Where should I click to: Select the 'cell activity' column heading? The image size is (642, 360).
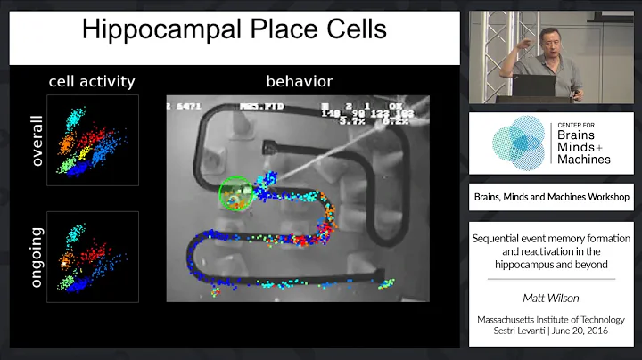(x=91, y=82)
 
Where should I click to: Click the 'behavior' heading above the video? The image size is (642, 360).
(x=299, y=82)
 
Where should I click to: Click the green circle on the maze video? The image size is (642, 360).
(x=236, y=195)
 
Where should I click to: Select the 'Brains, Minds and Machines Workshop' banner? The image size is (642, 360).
(x=550, y=197)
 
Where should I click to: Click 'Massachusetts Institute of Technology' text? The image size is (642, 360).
(x=550, y=320)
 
